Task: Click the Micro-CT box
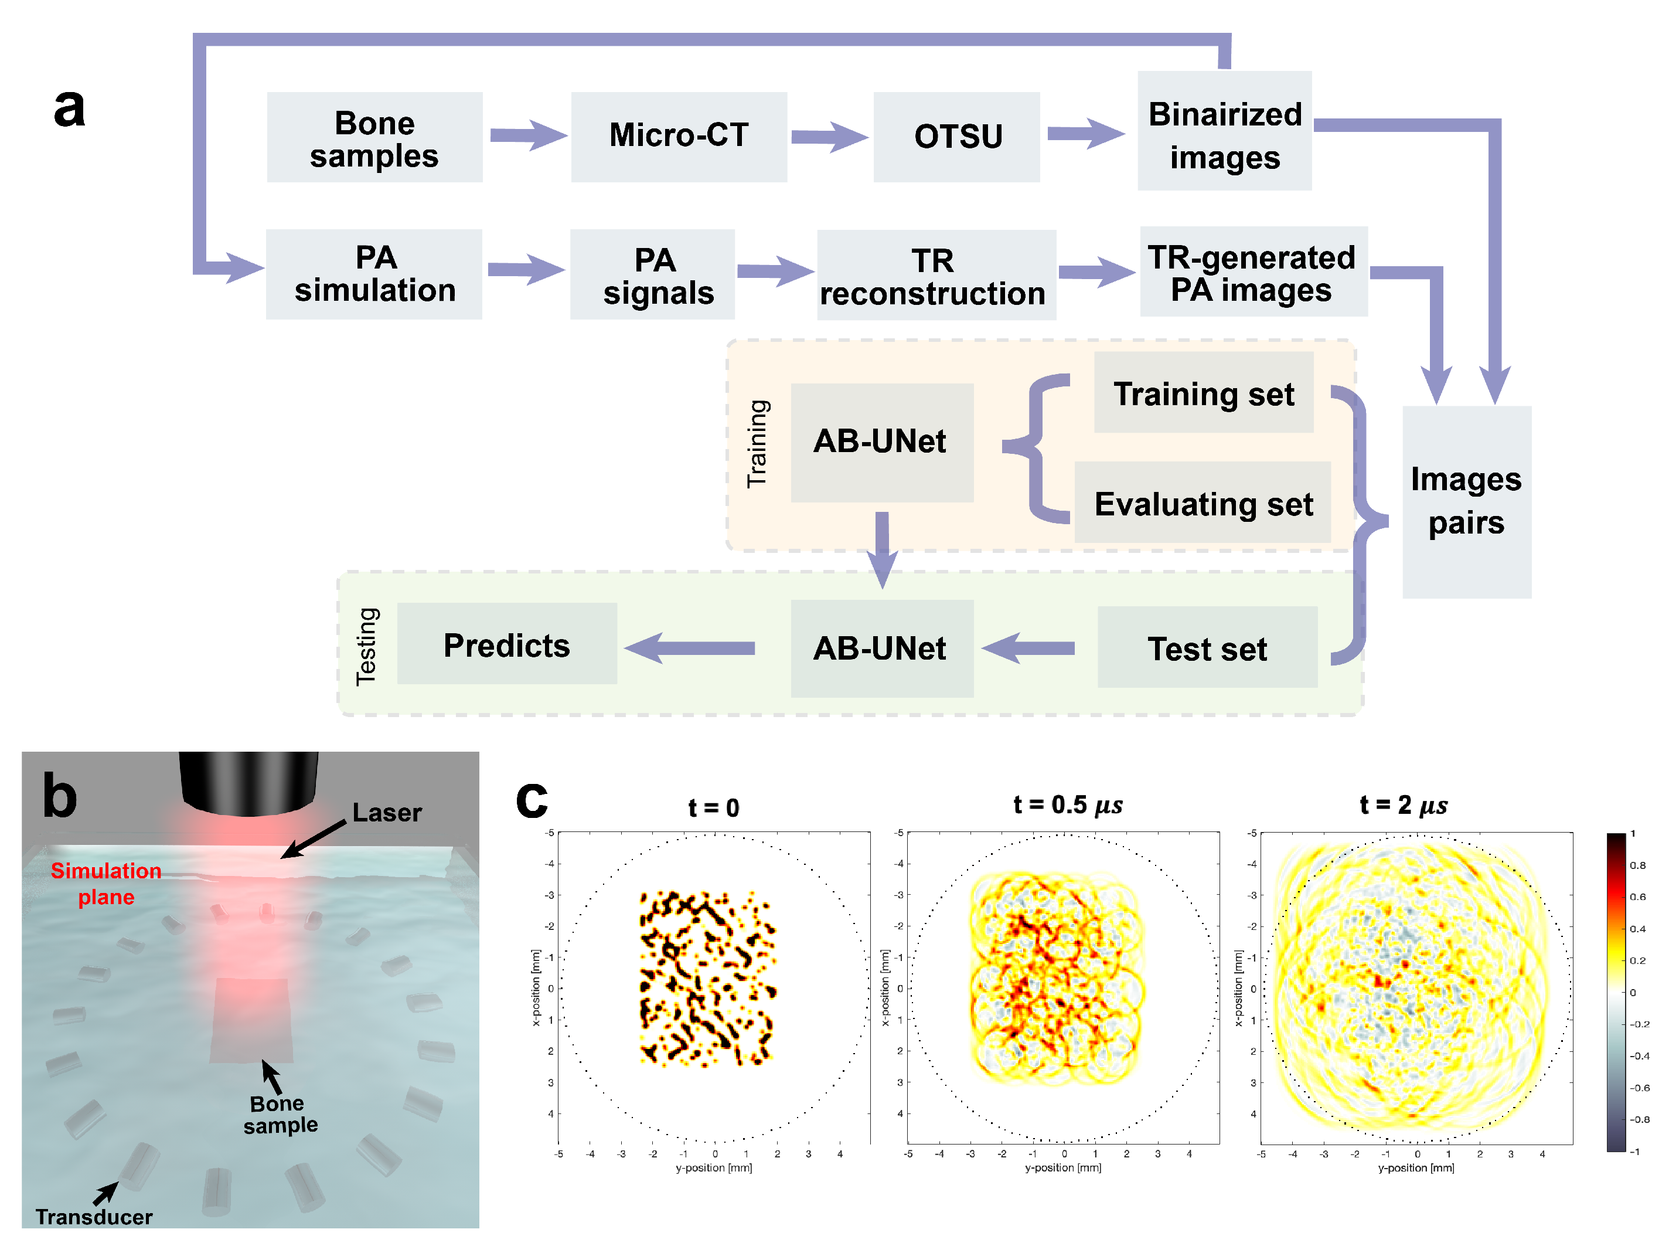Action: click(x=678, y=137)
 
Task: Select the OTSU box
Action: click(x=957, y=137)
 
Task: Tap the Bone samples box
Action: click(x=374, y=138)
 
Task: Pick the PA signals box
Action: click(x=653, y=275)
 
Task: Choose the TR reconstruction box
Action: click(x=936, y=276)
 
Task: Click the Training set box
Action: click(x=1204, y=392)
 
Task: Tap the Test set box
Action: click(x=1207, y=648)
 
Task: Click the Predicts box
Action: click(x=506, y=644)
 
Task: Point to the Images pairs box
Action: click(x=1466, y=502)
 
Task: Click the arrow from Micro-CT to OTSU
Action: click(x=829, y=137)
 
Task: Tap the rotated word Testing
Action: click(x=367, y=646)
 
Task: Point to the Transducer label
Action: click(x=94, y=1216)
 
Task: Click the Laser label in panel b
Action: click(x=387, y=812)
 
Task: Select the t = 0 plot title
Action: click(x=713, y=807)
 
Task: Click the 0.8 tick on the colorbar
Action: click(x=1637, y=865)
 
